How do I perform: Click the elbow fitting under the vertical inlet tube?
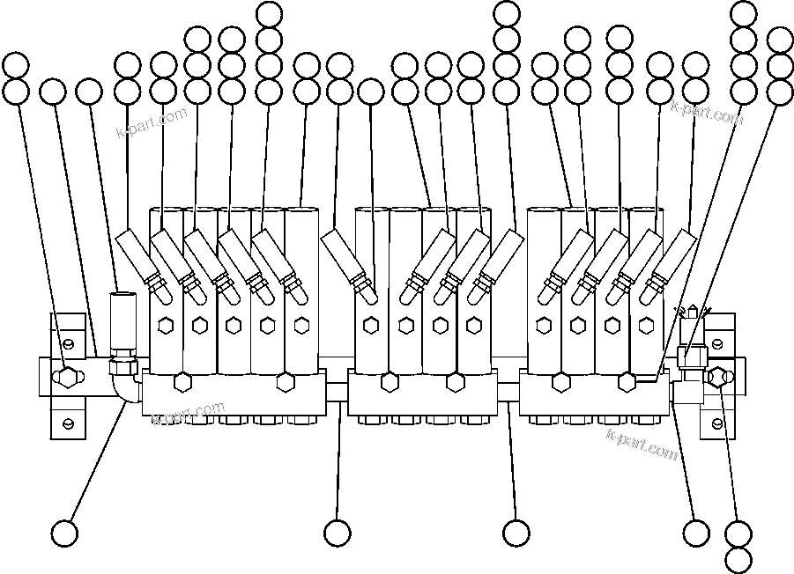pos(126,387)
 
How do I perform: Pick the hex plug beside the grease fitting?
pos(716,376)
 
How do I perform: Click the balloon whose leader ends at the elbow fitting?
pos(65,533)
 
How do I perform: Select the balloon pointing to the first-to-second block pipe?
pos(338,533)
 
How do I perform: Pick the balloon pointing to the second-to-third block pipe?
pos(516,533)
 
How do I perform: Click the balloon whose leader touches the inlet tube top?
pos(89,92)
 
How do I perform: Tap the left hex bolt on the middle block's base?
pos(388,383)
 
